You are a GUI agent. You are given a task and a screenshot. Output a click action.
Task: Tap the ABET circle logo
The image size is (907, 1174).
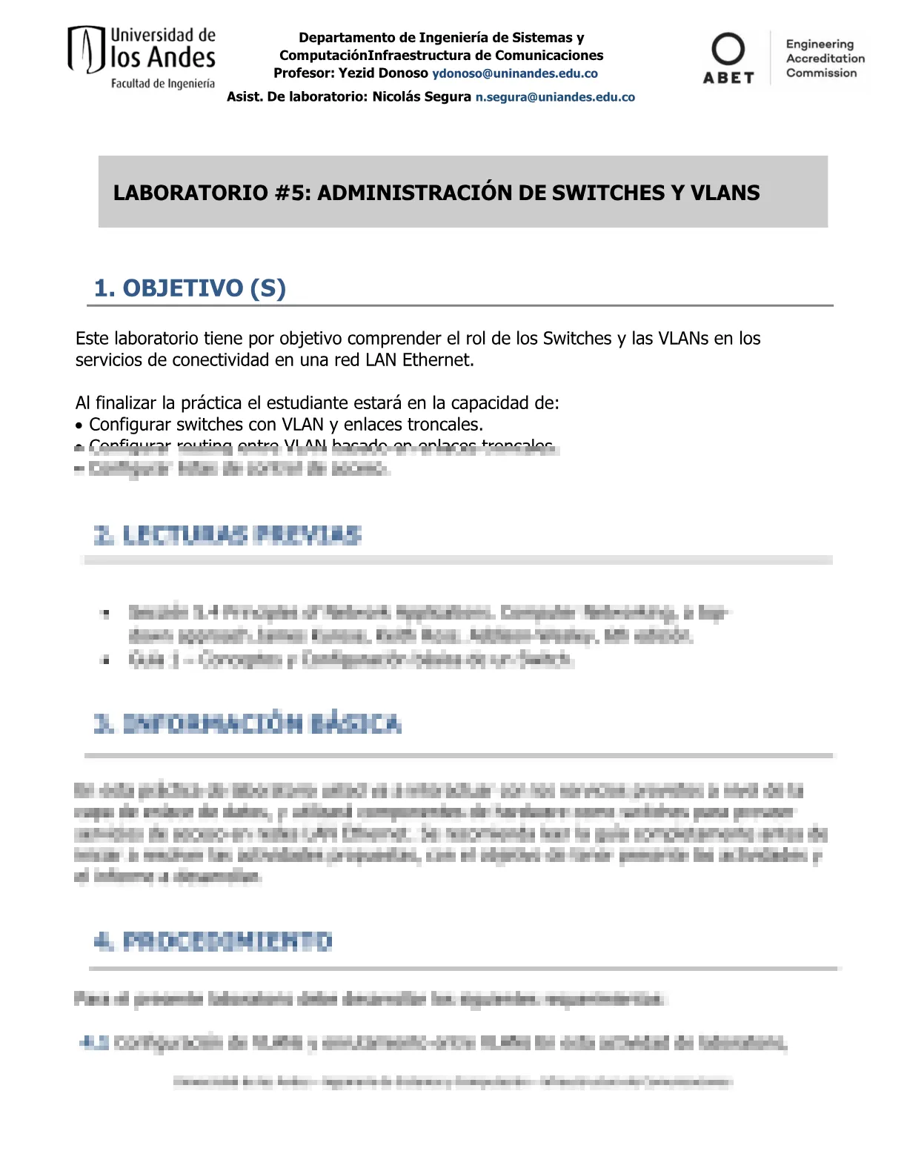click(x=728, y=50)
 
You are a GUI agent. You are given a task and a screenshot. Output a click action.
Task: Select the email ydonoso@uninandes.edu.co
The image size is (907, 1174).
click(x=515, y=73)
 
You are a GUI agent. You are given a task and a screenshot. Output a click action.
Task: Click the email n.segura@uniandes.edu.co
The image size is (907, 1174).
click(x=555, y=97)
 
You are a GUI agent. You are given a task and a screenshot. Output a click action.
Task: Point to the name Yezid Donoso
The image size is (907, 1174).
click(x=383, y=73)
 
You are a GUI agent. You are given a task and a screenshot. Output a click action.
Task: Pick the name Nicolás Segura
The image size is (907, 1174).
click(x=421, y=97)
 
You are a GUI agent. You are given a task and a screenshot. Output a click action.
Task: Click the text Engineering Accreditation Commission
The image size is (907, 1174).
click(x=825, y=59)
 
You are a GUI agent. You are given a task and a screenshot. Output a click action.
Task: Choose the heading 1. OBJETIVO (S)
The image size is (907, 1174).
click(x=190, y=288)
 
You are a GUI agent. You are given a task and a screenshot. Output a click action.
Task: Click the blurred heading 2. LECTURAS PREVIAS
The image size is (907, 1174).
click(x=227, y=535)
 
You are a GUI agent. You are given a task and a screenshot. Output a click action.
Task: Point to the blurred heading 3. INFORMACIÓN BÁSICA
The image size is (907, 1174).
click(x=247, y=724)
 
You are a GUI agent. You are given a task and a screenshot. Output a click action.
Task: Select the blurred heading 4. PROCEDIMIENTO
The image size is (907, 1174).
click(x=213, y=942)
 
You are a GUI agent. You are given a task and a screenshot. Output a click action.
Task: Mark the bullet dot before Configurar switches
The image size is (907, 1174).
click(x=79, y=425)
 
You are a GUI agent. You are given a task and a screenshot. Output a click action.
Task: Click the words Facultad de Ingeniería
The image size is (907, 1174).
click(x=163, y=84)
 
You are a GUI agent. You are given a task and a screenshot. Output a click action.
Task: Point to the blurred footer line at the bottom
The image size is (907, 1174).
click(x=452, y=1082)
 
